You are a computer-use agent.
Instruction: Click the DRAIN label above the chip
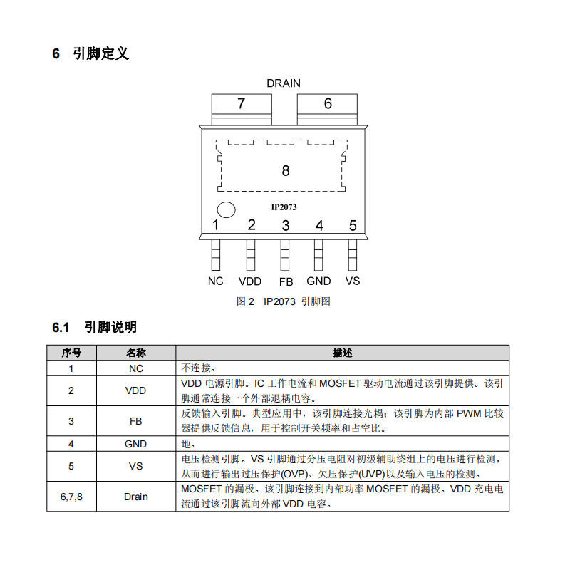pos(284,83)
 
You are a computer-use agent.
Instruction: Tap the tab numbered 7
pos(242,110)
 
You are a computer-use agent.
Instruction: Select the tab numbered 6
pos(327,110)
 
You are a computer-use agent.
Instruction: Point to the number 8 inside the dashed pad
pos(286,170)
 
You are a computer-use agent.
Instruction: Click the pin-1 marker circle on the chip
pos(226,210)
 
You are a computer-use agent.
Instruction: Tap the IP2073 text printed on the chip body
pos(284,207)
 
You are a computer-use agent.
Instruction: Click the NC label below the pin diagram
pos(216,281)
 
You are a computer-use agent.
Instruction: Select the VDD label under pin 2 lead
pos(250,281)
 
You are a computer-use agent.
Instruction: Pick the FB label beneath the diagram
pos(286,281)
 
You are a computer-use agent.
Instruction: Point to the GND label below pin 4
pos(318,281)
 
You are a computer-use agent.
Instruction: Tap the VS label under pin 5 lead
pos(353,281)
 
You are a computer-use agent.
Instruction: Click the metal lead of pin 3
pos(285,255)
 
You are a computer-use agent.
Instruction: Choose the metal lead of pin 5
pos(353,255)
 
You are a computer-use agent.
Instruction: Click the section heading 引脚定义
pos(100,53)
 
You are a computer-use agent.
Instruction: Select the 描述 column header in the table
pos(343,353)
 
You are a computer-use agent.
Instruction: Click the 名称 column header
pos(136,353)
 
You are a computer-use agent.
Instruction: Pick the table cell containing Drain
pos(136,497)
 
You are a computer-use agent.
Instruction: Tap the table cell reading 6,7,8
pos(71,497)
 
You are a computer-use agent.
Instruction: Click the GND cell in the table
pos(136,444)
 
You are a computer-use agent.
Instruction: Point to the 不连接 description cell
pos(343,368)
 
